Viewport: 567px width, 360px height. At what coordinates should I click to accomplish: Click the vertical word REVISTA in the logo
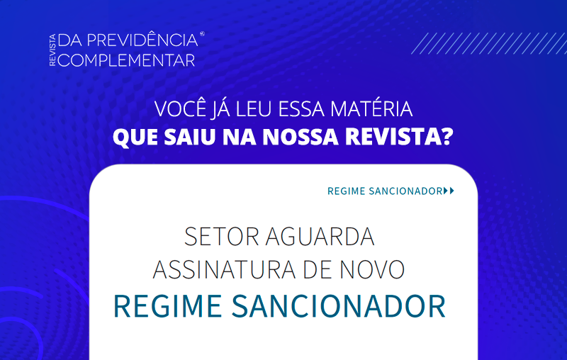pyautogui.click(x=52, y=50)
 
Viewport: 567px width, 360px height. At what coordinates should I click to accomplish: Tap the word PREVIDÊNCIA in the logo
pyautogui.click(x=142, y=40)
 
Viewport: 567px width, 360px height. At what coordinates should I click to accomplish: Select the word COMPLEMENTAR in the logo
pyautogui.click(x=126, y=60)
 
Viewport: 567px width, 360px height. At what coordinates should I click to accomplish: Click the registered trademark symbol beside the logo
pyautogui.click(x=202, y=34)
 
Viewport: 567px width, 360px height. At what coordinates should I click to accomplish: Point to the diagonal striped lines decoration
pyautogui.click(x=489, y=43)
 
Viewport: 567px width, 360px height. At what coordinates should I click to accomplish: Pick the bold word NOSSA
pyautogui.click(x=301, y=137)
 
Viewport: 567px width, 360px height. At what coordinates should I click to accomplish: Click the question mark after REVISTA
pyautogui.click(x=448, y=137)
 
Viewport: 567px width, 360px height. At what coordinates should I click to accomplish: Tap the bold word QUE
pyautogui.click(x=135, y=137)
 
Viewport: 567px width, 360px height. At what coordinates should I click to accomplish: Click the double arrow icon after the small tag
pyautogui.click(x=449, y=191)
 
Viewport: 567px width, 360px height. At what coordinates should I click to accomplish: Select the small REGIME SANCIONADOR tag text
pyautogui.click(x=385, y=191)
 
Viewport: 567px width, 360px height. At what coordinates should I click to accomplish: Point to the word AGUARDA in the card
pyautogui.click(x=320, y=237)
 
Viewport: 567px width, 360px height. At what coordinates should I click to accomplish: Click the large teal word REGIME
pyautogui.click(x=168, y=306)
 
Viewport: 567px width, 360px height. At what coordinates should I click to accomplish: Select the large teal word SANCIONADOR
pyautogui.click(x=339, y=306)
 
